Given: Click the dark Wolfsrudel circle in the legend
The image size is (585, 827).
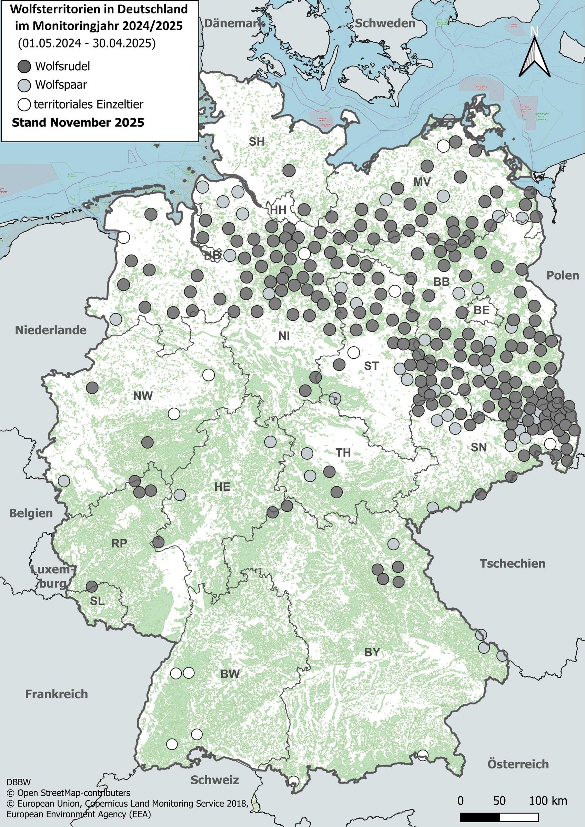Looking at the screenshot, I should (x=24, y=66).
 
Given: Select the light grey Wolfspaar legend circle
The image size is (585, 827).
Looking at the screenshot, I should (x=24, y=85).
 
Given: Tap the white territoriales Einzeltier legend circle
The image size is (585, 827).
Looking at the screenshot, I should (x=24, y=104).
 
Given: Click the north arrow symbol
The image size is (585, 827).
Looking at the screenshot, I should (x=534, y=54).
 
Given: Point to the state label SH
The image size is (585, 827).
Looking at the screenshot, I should (x=256, y=142).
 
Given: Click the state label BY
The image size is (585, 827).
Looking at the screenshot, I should (x=372, y=652).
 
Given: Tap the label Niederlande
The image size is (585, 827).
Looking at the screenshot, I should (x=50, y=330).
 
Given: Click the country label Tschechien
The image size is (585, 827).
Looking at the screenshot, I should (x=512, y=564).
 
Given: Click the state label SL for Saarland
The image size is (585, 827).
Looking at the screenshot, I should (x=97, y=601).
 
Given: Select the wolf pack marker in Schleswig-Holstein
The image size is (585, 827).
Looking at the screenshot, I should (x=289, y=170).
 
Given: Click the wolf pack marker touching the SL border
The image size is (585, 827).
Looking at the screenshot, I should (x=92, y=586).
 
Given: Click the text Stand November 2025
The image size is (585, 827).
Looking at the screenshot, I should (x=78, y=122).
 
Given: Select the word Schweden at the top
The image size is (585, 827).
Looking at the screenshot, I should (x=385, y=23).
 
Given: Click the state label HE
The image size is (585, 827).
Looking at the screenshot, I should (x=222, y=487).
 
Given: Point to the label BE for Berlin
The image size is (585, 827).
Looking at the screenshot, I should (x=482, y=310).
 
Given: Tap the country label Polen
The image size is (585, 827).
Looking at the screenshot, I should (x=563, y=275).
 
